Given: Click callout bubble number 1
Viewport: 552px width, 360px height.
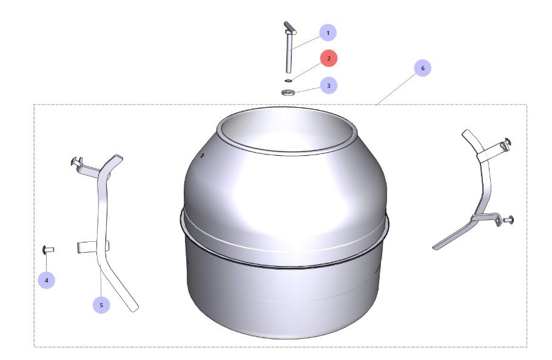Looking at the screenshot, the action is point(328,33).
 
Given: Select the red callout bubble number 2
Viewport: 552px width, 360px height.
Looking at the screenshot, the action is point(329,58).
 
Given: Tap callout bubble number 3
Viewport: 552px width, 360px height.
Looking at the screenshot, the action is point(329,85).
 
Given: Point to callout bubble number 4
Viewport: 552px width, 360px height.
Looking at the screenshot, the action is point(47,280).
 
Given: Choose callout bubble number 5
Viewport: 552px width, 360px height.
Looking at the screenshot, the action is point(101,305).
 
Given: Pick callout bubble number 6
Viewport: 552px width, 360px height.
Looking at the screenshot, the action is point(422,68).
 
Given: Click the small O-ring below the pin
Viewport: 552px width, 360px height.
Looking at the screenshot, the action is point(288,81).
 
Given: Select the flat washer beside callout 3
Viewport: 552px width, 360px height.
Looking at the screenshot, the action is point(288,93).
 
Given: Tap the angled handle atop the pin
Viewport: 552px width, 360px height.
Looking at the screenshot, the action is point(290,28).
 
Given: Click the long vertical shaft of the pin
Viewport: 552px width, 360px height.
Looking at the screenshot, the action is point(289,53).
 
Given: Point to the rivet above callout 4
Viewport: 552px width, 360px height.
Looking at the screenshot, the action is point(48,250).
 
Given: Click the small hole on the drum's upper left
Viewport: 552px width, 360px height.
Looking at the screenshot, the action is point(202,155).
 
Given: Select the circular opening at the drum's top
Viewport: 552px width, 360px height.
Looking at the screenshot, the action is point(286,131).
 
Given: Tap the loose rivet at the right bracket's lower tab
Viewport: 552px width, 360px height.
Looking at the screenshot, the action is point(508,220).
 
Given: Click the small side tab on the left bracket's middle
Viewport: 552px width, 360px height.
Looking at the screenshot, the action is point(83,247).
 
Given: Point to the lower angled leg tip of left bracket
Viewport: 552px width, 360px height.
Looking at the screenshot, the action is point(134,308).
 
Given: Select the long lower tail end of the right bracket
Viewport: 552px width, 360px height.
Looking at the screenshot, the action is point(436,248).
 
